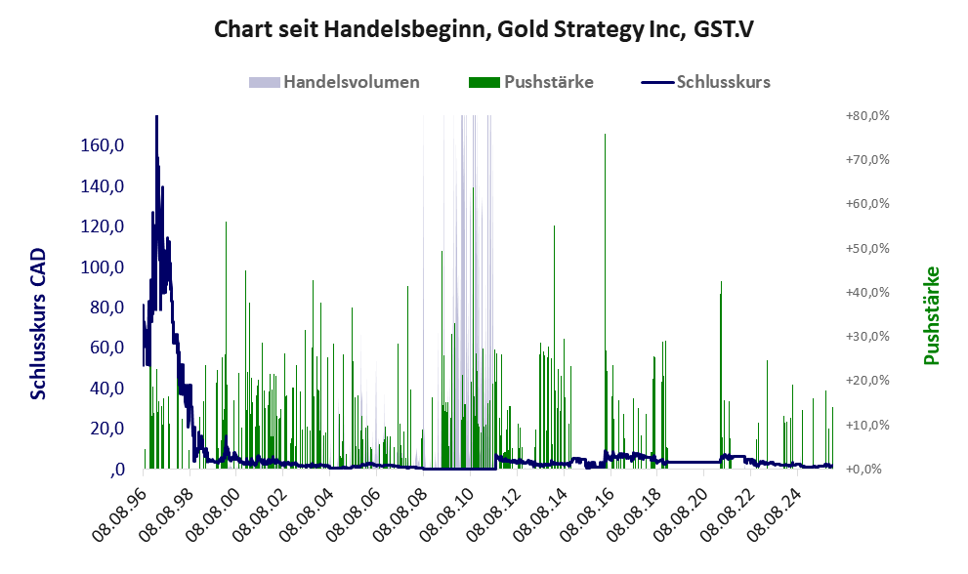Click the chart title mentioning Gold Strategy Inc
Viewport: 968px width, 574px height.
(484, 30)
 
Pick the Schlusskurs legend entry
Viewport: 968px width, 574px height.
(723, 82)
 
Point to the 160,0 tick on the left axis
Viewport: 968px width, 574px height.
(103, 145)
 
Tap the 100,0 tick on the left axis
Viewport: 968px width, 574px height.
(103, 266)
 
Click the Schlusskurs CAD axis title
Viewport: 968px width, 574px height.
(39, 324)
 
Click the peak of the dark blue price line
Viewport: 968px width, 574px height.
(156, 117)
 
